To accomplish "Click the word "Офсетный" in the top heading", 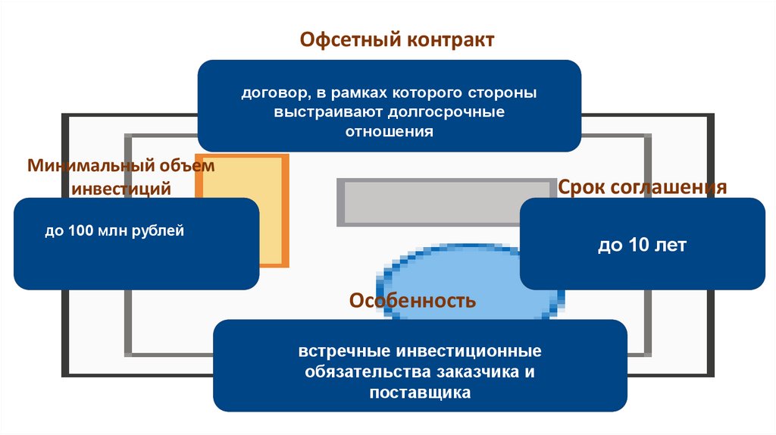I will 341,39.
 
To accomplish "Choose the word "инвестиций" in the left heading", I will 121,189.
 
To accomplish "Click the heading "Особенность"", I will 412,301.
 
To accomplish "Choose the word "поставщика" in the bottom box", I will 420,393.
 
